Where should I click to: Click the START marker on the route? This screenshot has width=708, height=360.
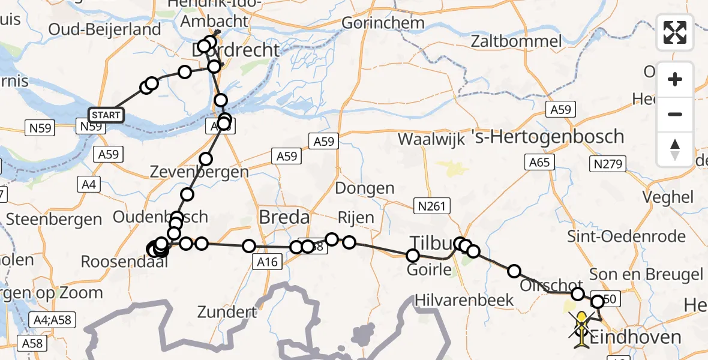tap(106, 115)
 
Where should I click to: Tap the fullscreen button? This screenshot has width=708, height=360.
tap(675, 32)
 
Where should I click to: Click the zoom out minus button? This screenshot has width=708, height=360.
tap(675, 114)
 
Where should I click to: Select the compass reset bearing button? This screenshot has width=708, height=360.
tap(675, 149)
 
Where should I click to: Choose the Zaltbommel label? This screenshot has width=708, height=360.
tap(517, 41)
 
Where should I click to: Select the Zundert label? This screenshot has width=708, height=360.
tap(228, 312)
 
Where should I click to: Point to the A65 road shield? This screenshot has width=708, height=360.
tap(539, 161)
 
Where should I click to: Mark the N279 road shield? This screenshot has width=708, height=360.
tap(608, 163)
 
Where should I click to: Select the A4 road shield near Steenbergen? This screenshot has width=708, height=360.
tap(88, 184)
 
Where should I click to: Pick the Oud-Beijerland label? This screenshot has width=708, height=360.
tap(105, 29)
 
